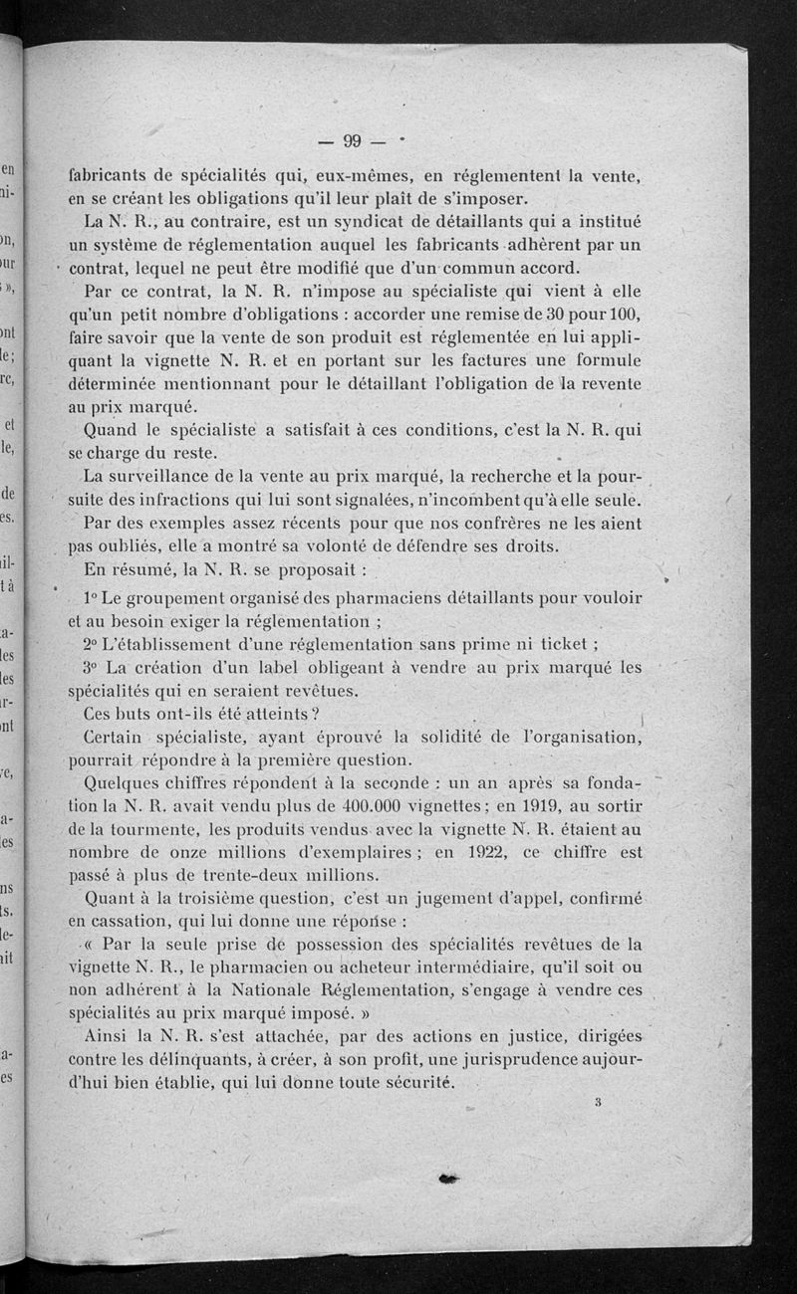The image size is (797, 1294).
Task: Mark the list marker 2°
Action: tap(97, 644)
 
